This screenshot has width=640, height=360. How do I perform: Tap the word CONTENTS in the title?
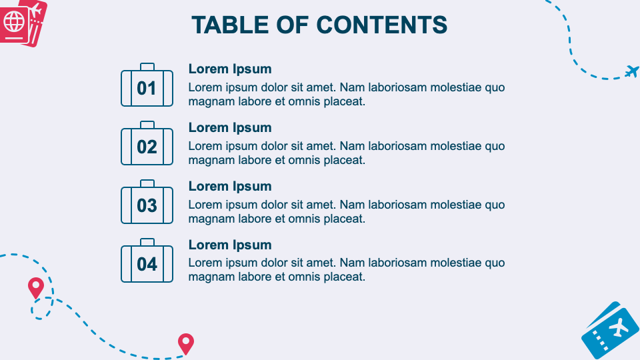381,25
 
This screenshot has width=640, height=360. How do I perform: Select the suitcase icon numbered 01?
147,87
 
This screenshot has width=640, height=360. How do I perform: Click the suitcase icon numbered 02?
147,146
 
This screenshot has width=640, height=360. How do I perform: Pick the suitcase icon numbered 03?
147,205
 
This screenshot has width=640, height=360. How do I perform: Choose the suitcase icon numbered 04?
147,263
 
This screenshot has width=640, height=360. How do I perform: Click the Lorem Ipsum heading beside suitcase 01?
230,69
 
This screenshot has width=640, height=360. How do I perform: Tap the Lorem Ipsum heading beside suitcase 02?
230,127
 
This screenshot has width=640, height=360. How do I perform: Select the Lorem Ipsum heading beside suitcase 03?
230,186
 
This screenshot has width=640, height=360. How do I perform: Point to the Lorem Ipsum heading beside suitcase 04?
230,245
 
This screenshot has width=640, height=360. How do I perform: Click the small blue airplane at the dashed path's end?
632,71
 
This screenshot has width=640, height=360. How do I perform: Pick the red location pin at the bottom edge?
185,343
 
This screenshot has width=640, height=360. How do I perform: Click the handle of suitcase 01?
147,67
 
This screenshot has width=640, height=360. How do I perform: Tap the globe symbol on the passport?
13,22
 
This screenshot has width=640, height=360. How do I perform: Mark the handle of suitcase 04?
147,243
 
